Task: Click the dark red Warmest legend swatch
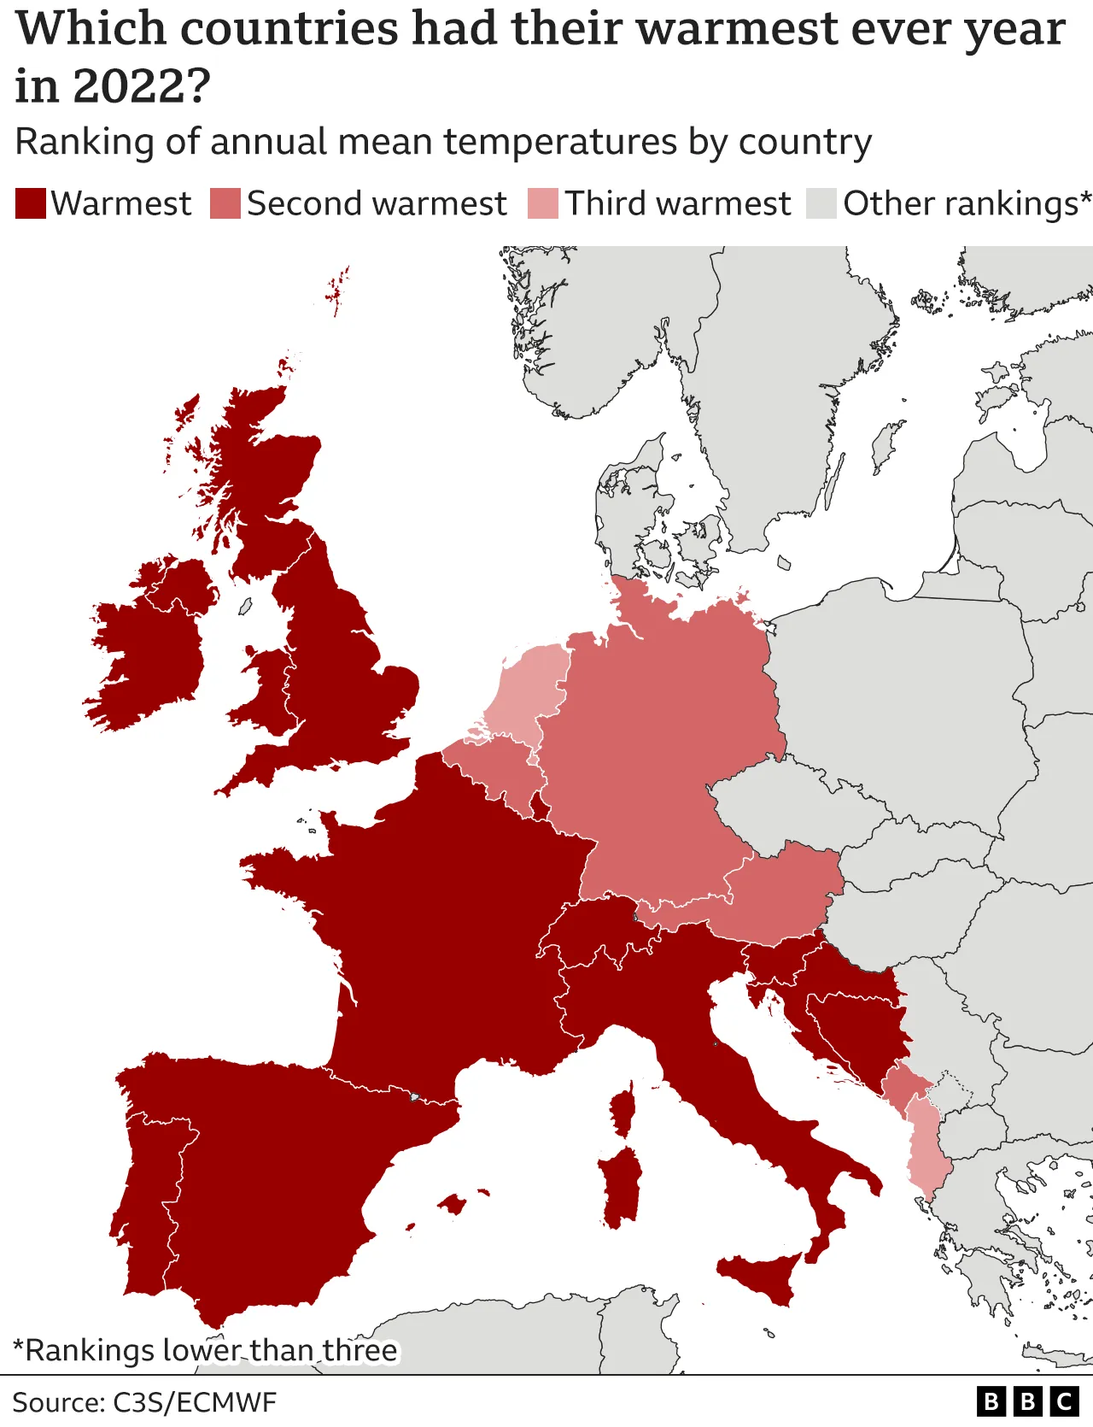[30, 203]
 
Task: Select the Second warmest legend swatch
[225, 203]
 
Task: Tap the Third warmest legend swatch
[542, 203]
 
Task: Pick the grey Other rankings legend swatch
[821, 203]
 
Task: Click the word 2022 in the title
[141, 85]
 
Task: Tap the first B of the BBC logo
[991, 1402]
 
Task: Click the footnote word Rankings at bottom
[85, 1350]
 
